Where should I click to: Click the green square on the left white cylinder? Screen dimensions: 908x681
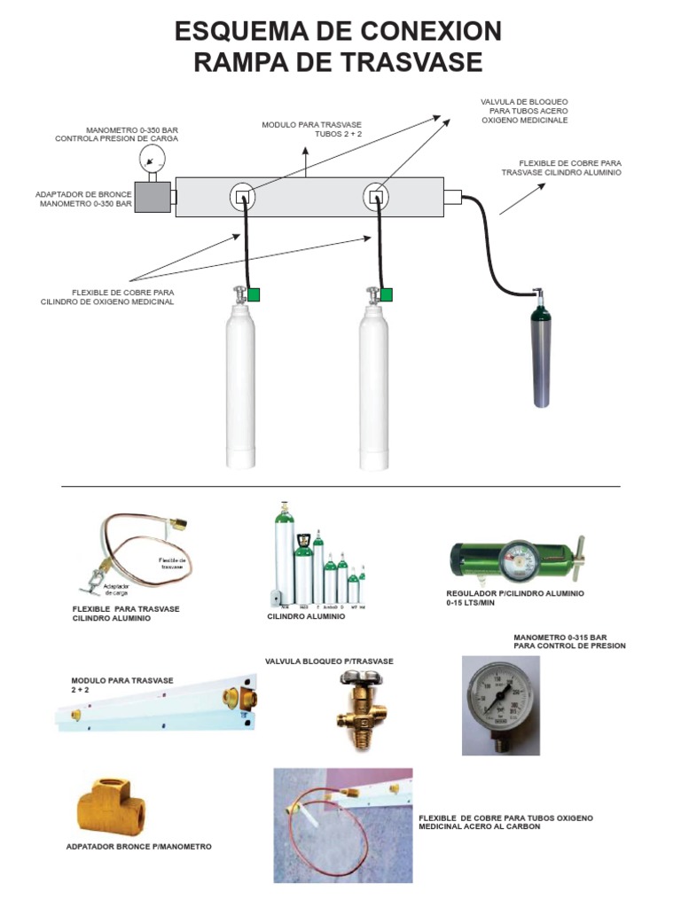[254, 295]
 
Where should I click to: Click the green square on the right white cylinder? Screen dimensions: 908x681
[387, 295]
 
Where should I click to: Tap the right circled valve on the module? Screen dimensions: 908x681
[377, 197]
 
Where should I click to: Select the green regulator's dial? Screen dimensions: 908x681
[516, 559]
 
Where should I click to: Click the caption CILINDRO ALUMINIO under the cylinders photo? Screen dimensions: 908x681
[306, 615]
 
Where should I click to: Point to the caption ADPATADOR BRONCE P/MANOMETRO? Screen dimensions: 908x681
[139, 847]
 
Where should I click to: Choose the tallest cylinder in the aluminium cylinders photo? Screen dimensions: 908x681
[285, 550]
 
